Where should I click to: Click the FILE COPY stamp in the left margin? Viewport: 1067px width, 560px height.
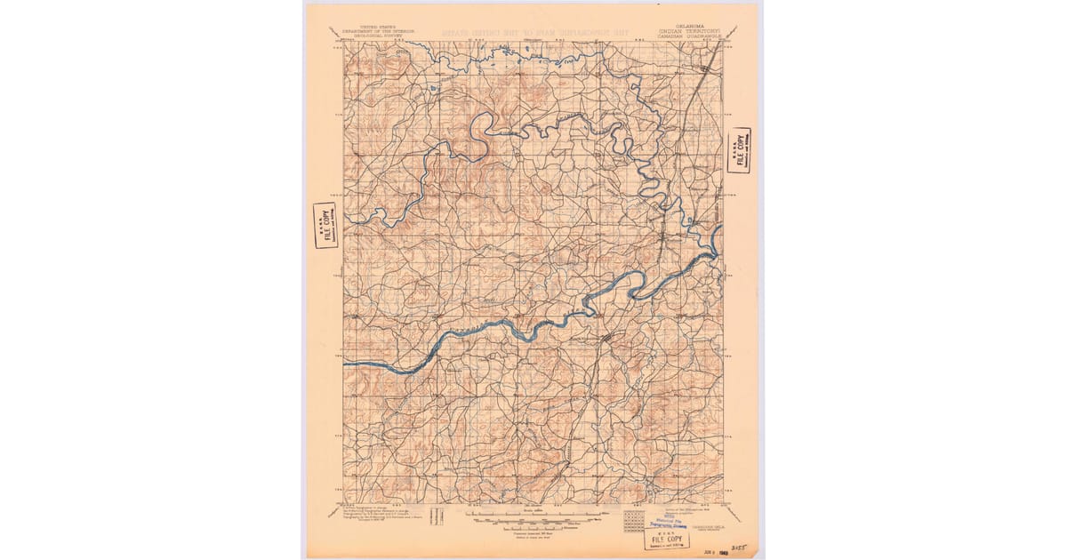coord(325,226)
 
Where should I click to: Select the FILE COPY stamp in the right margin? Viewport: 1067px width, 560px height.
coord(737,151)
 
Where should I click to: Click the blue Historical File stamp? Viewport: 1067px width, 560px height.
coord(667,524)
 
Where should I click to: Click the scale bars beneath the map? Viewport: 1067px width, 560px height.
coord(533,515)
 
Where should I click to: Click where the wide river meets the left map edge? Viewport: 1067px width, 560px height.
coord(346,364)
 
